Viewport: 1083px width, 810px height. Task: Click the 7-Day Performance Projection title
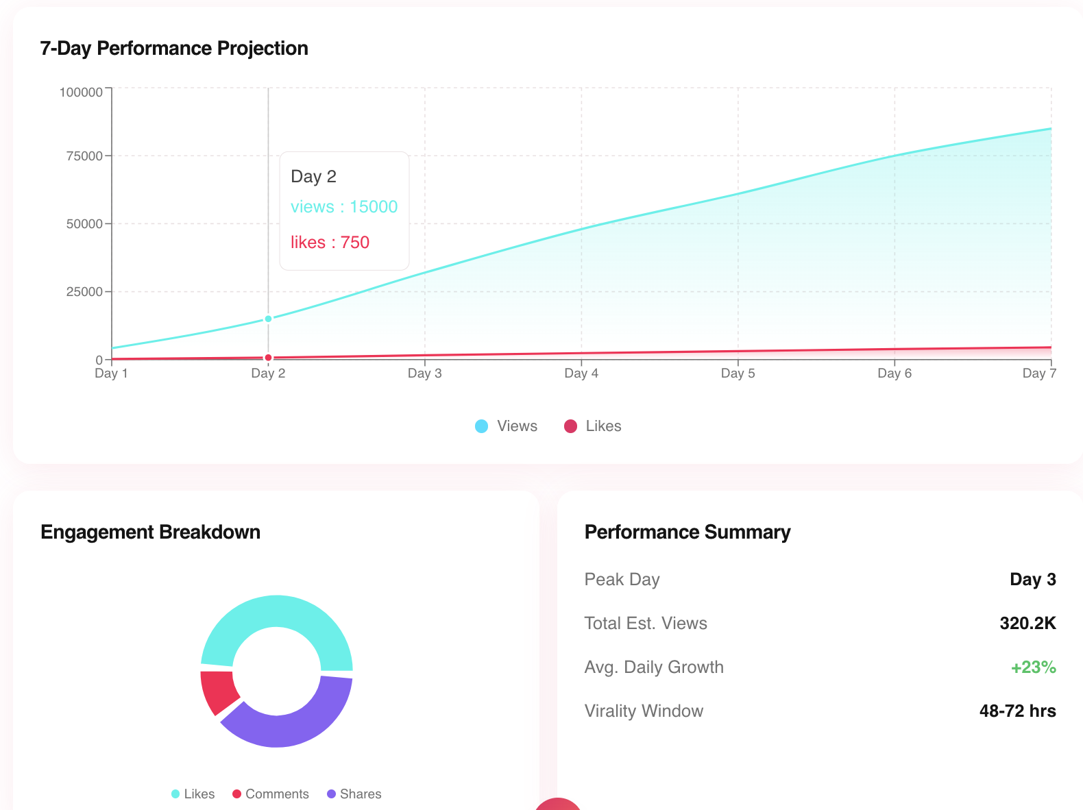[174, 49]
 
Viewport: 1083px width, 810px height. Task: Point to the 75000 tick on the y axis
[84, 156]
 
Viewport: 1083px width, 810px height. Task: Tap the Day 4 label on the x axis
[581, 373]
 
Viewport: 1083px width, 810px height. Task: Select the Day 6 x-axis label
[895, 373]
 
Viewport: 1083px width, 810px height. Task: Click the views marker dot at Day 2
[268, 319]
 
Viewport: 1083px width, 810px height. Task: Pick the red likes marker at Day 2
[268, 358]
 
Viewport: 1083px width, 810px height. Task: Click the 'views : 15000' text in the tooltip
[343, 207]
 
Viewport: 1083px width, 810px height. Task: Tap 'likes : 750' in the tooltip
[330, 243]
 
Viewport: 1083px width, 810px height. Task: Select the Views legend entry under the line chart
[507, 426]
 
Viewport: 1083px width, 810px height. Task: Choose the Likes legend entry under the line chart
[593, 426]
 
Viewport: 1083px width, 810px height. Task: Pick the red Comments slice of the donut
[217, 691]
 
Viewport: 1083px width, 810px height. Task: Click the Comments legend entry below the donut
[271, 794]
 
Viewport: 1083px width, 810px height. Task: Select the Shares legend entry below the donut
[354, 794]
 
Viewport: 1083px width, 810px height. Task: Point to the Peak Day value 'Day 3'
[1032, 580]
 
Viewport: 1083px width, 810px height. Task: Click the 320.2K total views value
[1027, 624]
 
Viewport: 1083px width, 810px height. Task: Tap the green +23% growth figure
[1033, 667]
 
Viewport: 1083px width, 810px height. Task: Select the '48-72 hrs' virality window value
[1017, 711]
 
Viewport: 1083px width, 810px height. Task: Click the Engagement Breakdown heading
[150, 532]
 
